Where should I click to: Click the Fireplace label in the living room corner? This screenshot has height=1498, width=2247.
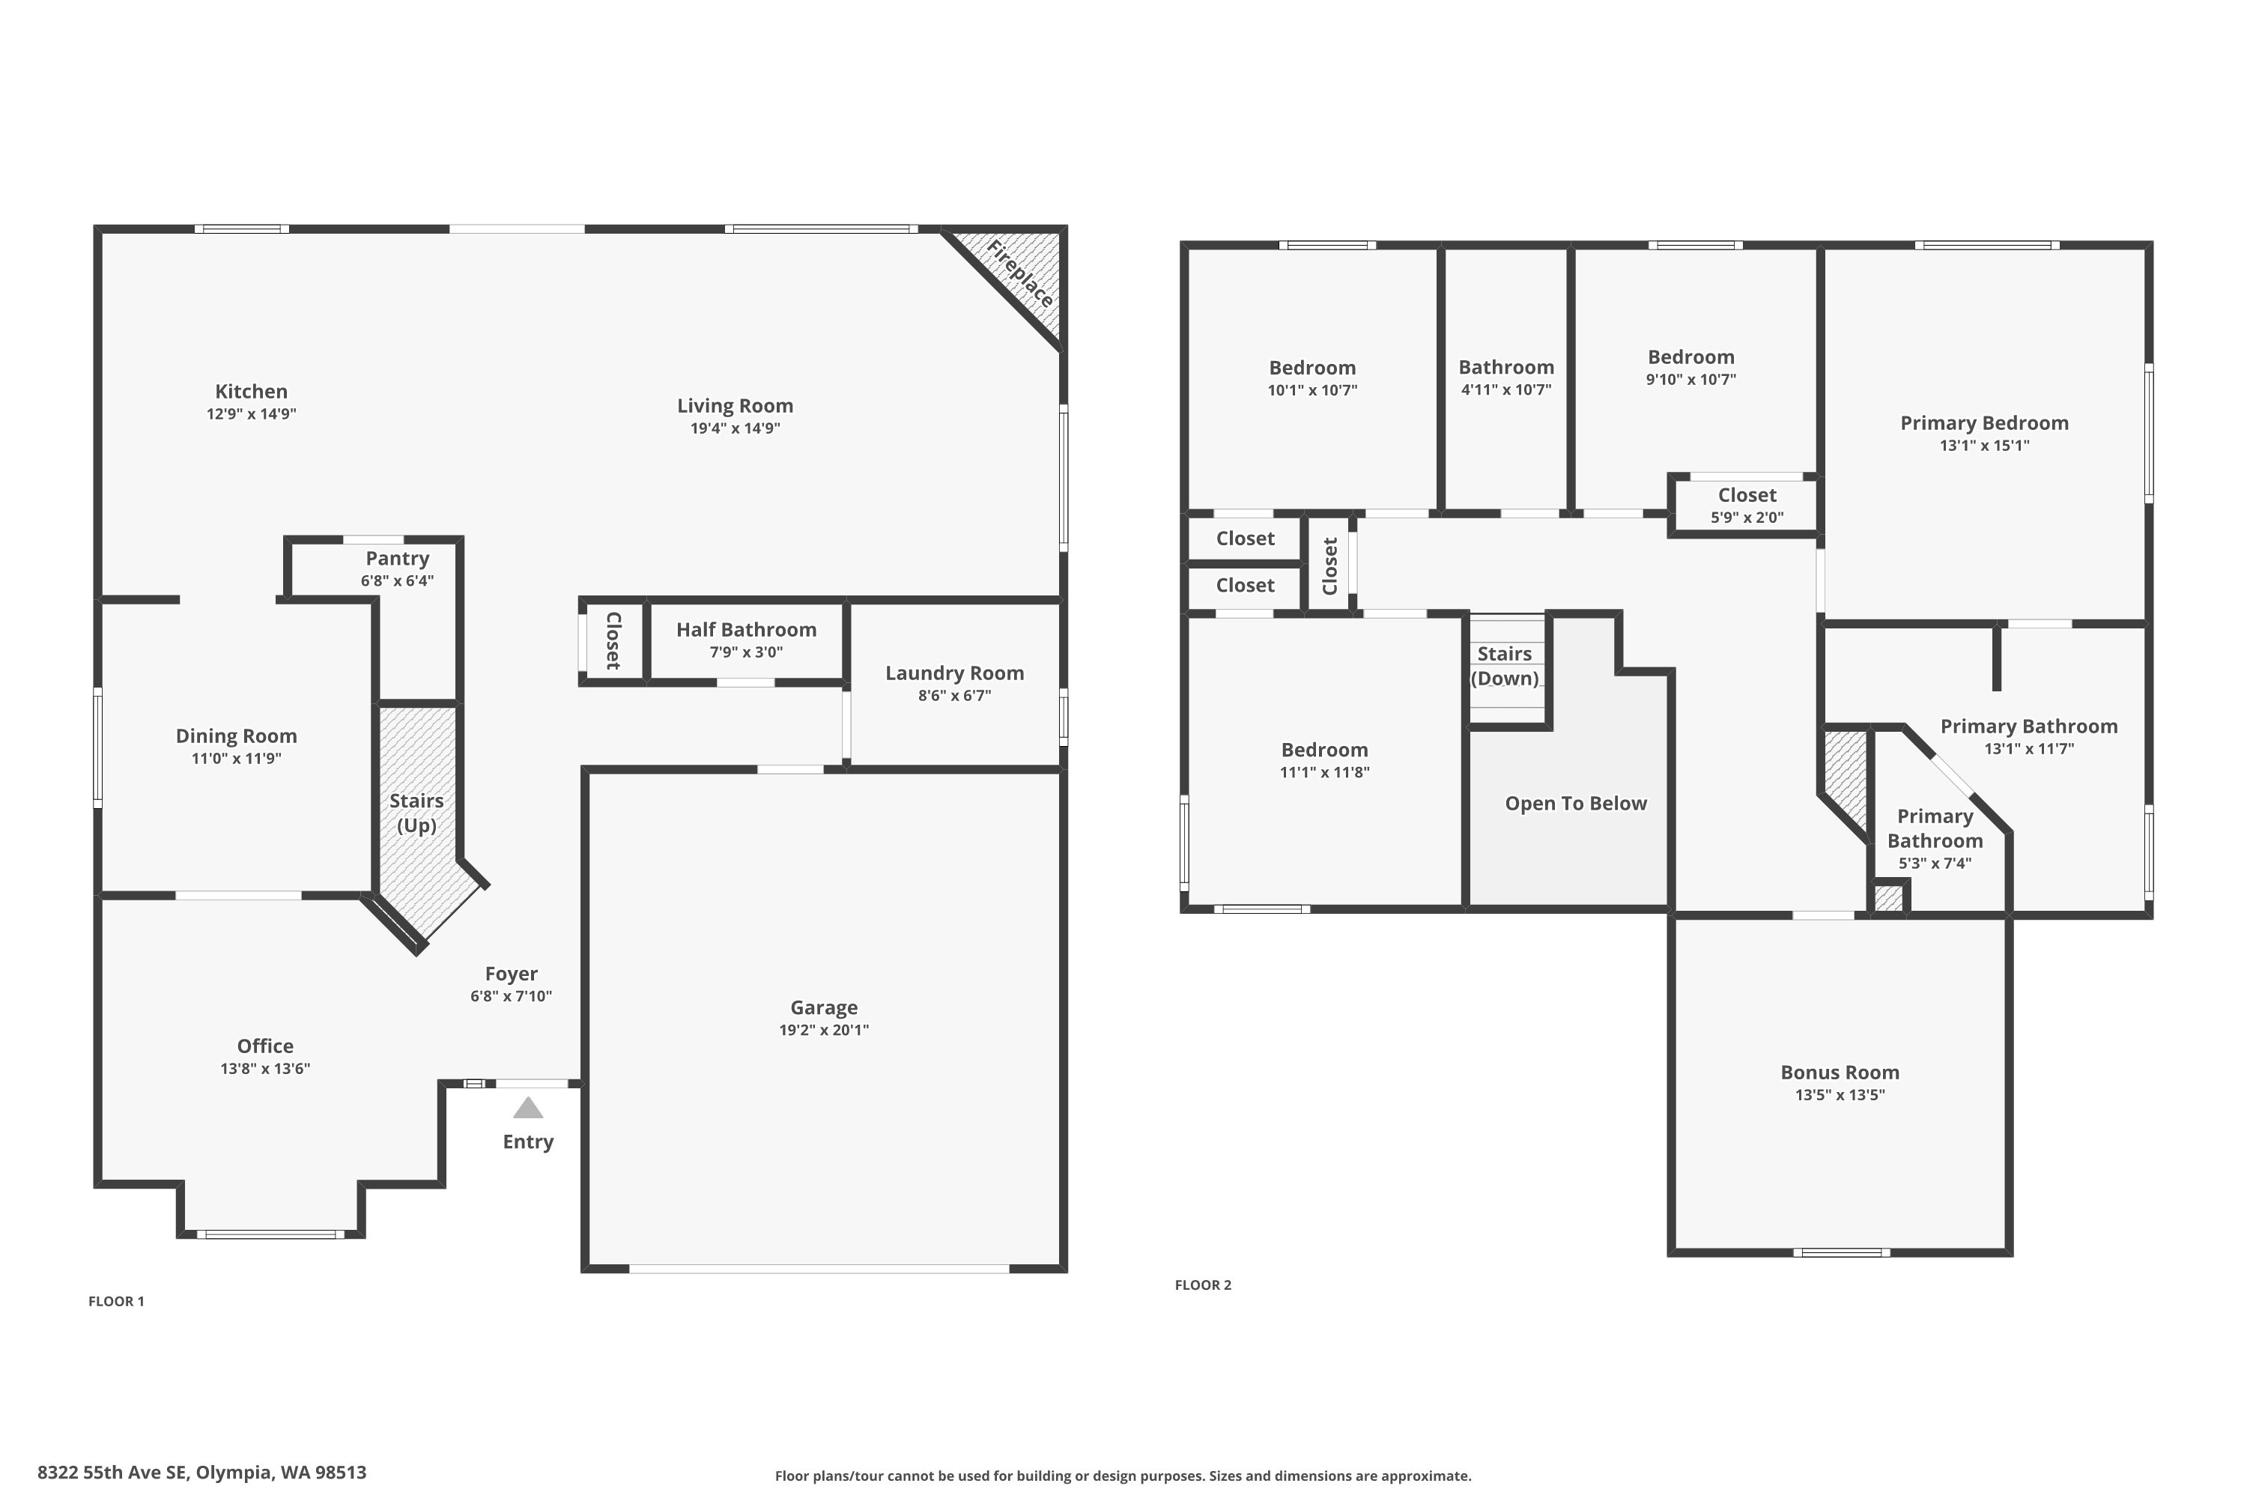pyautogui.click(x=1020, y=274)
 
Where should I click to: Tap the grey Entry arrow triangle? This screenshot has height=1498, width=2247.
pyautogui.click(x=528, y=1109)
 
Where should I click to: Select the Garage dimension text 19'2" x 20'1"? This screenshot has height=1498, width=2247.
pyautogui.click(x=823, y=1030)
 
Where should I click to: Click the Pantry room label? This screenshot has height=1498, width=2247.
pyautogui.click(x=398, y=558)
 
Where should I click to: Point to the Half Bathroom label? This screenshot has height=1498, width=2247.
pyautogui.click(x=746, y=630)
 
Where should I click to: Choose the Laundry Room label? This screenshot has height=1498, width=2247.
pyautogui.click(x=954, y=673)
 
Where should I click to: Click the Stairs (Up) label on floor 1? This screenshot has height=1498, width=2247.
pyautogui.click(x=416, y=813)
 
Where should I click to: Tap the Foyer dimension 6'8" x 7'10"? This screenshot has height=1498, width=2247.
pyautogui.click(x=511, y=996)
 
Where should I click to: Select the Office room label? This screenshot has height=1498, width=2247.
pyautogui.click(x=266, y=1046)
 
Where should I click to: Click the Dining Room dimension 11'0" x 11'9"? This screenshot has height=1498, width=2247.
pyautogui.click(x=236, y=759)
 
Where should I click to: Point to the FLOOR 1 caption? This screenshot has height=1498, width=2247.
pyautogui.click(x=117, y=1301)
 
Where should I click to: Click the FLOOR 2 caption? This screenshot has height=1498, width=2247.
pyautogui.click(x=1203, y=1285)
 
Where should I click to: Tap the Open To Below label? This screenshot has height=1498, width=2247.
pyautogui.click(x=1577, y=804)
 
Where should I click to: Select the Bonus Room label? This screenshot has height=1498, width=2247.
pyautogui.click(x=1840, y=1073)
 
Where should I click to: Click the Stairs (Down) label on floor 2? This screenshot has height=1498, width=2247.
pyautogui.click(x=1505, y=666)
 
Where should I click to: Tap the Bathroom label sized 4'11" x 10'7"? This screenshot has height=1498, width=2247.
pyautogui.click(x=1506, y=368)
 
